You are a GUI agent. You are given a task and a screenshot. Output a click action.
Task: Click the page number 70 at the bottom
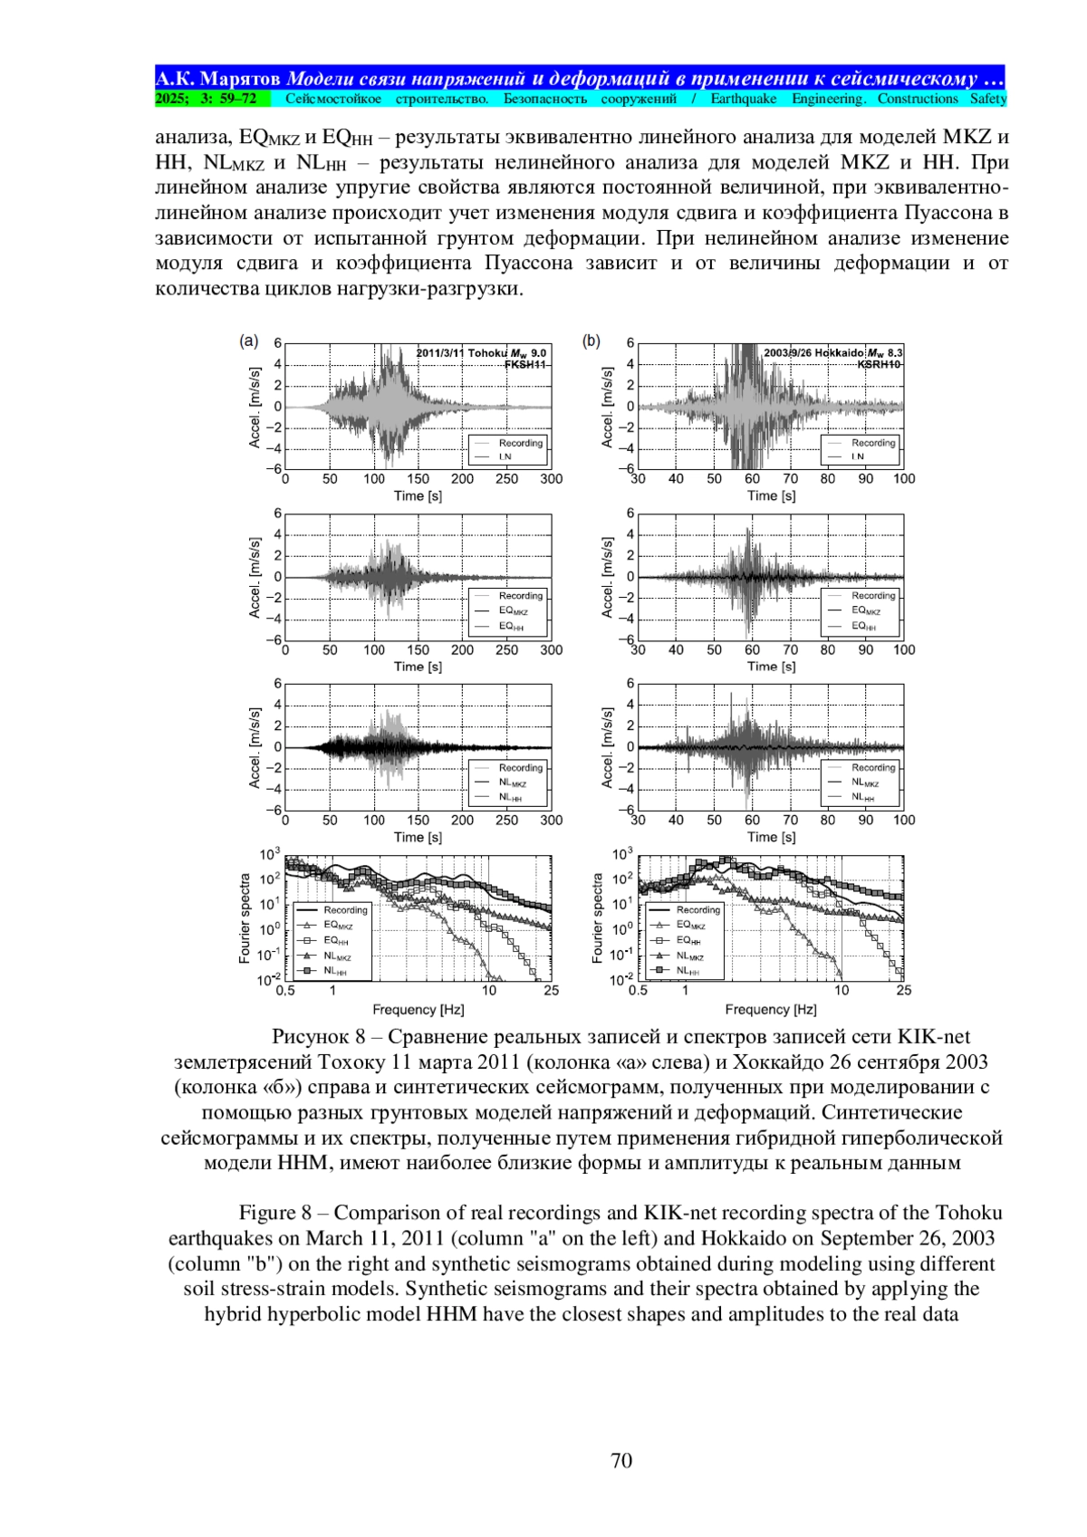[x=621, y=1461]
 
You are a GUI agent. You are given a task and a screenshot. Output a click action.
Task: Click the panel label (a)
[x=248, y=341]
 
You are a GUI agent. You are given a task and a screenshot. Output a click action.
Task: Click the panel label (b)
[x=591, y=341]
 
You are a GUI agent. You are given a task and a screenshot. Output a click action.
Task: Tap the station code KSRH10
[x=879, y=364]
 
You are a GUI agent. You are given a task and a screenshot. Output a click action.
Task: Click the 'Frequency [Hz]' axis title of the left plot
[x=418, y=1009]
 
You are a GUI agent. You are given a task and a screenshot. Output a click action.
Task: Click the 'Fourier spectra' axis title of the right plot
[x=597, y=917]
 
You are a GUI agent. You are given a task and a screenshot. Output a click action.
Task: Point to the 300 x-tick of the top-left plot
[x=551, y=479]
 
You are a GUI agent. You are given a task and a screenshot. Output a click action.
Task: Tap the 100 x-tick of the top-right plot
[x=904, y=479]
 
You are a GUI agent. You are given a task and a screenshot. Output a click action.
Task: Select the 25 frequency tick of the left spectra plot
[x=551, y=991]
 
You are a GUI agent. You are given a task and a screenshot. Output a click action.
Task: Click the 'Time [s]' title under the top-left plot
[x=418, y=495]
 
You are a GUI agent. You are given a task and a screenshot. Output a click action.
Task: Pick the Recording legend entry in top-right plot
[x=872, y=443]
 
